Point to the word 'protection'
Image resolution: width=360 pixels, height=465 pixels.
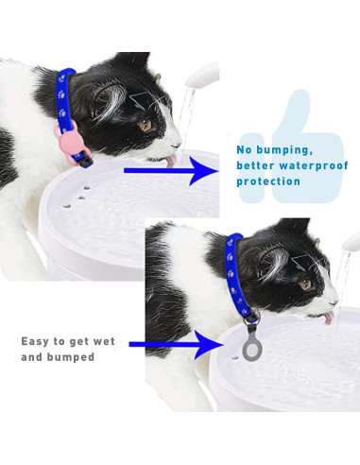[269, 181]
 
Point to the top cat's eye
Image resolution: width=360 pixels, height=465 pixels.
[146, 123]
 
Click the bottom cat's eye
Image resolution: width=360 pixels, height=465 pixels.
[304, 283]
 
